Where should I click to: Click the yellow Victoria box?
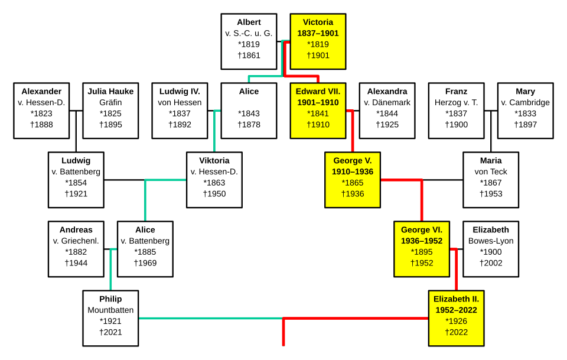tap(318, 41)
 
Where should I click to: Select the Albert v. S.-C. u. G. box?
tap(249, 41)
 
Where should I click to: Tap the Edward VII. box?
tap(318, 111)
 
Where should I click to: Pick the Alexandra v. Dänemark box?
tap(387, 111)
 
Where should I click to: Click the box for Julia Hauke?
tap(110, 111)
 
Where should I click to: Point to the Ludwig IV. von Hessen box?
tap(180, 111)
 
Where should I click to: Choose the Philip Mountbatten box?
tap(110, 319)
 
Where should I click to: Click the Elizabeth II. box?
tap(457, 319)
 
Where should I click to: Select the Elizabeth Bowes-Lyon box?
tap(491, 249)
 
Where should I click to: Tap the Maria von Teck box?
tap(491, 180)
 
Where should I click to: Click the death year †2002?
tap(491, 263)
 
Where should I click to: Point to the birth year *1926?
tap(457, 322)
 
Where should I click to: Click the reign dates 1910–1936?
tap(353, 171)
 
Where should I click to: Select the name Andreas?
tap(76, 230)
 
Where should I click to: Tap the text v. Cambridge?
tap(526, 102)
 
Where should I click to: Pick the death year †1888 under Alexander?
tap(41, 125)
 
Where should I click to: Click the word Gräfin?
tap(110, 102)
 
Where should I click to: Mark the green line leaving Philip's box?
tap(211, 319)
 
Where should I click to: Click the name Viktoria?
tap(214, 160)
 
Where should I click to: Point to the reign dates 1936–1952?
tap(422, 241)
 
